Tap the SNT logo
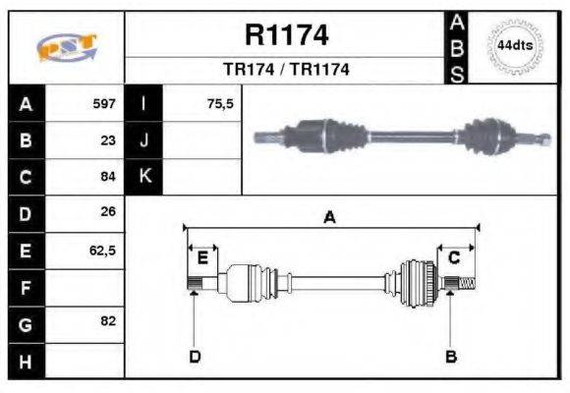pos(66,48)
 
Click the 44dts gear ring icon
pos(515,46)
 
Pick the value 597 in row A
pos(104,103)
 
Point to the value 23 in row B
pos(108,140)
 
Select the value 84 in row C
pos(108,177)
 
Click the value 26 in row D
pos(108,212)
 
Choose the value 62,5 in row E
pos(103,250)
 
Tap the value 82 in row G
pos(108,321)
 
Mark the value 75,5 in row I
pos(220,103)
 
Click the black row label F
pos(26,287)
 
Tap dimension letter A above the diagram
pos(330,218)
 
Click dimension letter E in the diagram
pos(202,258)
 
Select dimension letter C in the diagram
pos(454,258)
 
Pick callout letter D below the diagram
pos(195,356)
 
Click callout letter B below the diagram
pos(450,356)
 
